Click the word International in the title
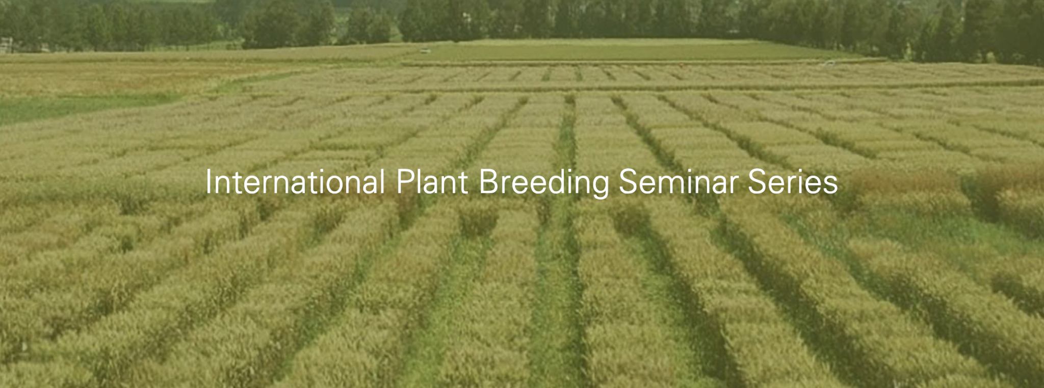coord(295,182)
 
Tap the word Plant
coord(432,182)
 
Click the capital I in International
coord(208,182)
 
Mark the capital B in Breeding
coord(489,182)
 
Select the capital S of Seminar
coord(629,182)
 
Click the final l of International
coord(382,182)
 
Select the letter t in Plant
coord(463,184)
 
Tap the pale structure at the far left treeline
coord(6,45)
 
